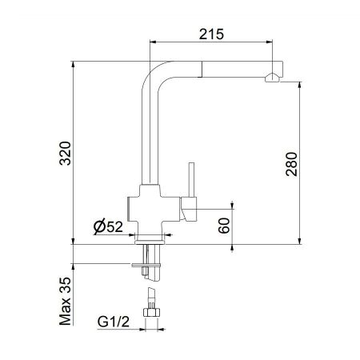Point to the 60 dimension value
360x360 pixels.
(225, 226)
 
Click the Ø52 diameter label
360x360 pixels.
(108, 226)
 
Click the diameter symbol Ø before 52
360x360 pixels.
(99, 226)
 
